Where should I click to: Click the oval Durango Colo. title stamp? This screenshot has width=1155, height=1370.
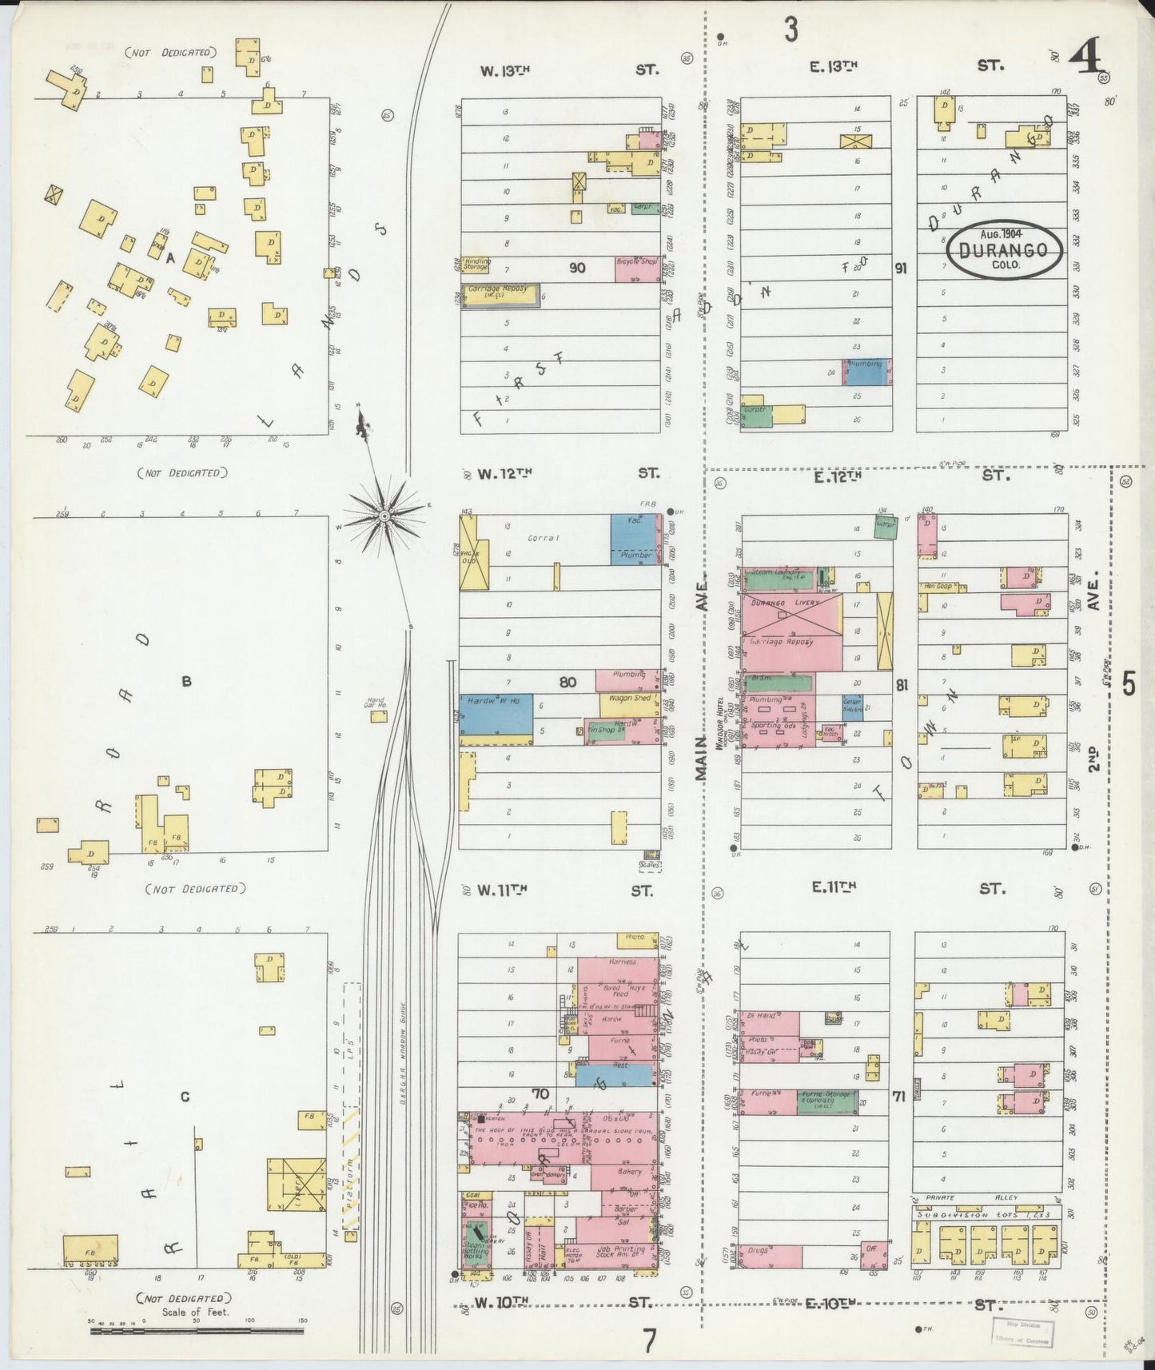point(1004,250)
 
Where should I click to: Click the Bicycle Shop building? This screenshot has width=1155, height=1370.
point(637,269)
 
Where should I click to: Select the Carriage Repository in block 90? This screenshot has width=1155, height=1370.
point(500,293)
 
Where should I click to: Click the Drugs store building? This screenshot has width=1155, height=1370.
point(769,1256)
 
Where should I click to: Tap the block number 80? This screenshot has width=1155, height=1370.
point(568,683)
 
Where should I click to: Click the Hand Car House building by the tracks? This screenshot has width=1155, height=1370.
point(378,716)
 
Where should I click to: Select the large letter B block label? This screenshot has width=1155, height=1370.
point(186,682)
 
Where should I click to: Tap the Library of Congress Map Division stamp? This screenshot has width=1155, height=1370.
point(1022,1332)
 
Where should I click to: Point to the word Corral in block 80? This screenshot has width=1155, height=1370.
point(544,538)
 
